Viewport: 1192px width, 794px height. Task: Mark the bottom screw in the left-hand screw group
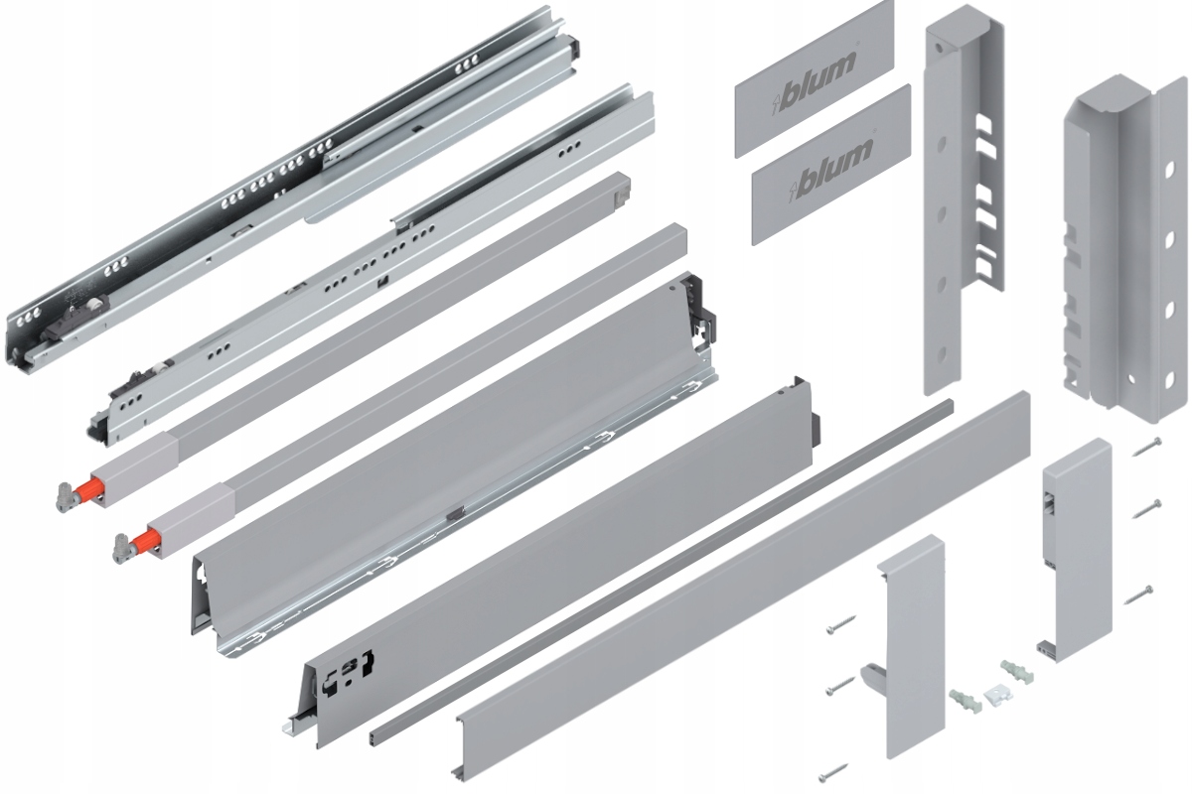833,767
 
